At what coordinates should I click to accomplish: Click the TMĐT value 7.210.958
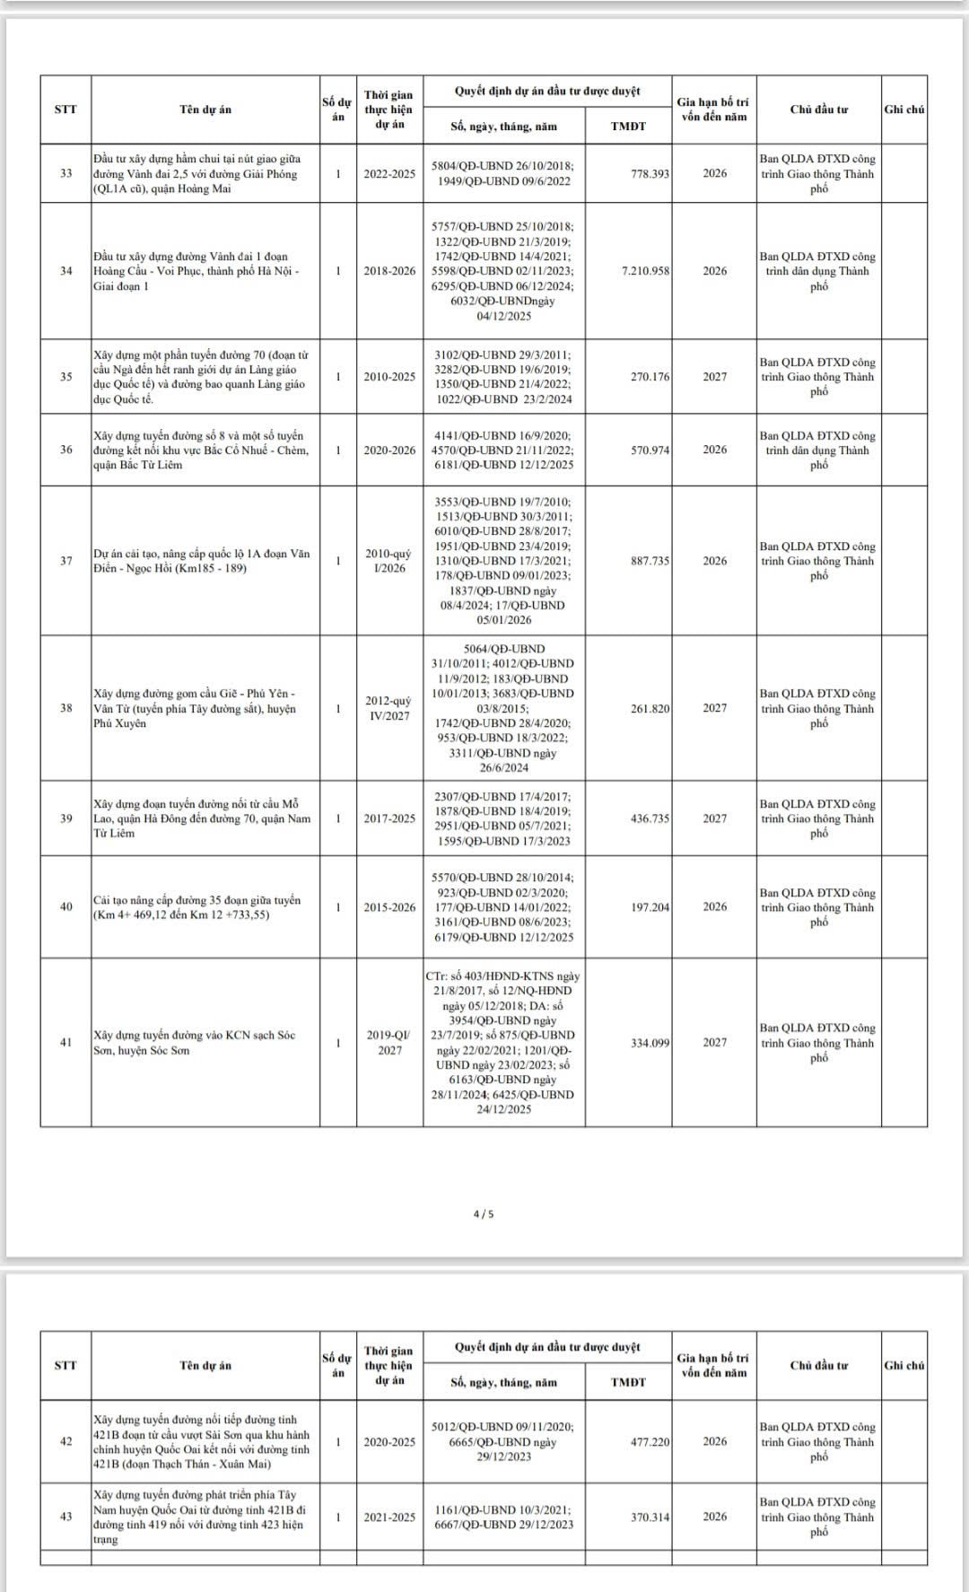[x=645, y=271]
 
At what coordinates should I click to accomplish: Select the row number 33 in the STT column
[x=65, y=173]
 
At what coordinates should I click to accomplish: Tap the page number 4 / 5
[x=484, y=1214]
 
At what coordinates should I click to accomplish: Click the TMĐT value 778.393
[x=650, y=173]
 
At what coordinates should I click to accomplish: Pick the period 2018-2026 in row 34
[x=389, y=271]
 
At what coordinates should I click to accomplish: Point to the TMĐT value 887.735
[x=650, y=561]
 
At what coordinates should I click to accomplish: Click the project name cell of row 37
[x=205, y=561]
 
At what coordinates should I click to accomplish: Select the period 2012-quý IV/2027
[x=389, y=708]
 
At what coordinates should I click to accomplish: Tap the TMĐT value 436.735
[x=650, y=818]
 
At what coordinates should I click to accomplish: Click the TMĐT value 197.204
[x=650, y=907]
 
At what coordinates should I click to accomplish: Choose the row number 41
[x=65, y=1043]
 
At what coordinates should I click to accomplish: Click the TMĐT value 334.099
[x=650, y=1043]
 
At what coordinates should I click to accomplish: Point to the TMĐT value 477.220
[x=650, y=1442]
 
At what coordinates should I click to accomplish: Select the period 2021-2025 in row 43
[x=389, y=1518]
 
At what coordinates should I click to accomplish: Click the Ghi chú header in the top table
[x=904, y=109]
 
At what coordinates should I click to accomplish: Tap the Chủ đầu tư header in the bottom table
[x=818, y=1366]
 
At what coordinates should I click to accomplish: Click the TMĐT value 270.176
[x=650, y=377]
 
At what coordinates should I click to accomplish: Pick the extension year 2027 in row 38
[x=715, y=708]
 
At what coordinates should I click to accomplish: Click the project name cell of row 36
[x=205, y=450]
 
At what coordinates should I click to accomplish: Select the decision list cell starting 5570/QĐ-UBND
[x=503, y=907]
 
